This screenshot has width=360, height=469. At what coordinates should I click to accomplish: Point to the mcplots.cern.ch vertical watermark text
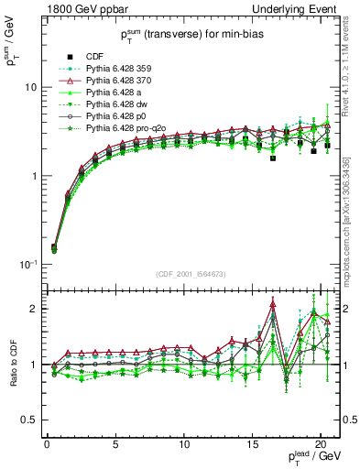pos(353,220)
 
